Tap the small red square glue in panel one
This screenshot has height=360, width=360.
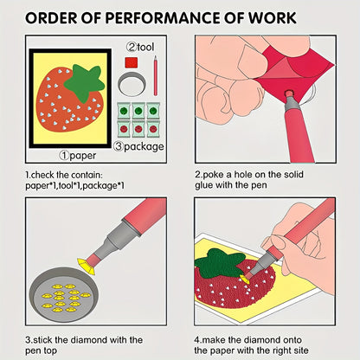(x=132, y=62)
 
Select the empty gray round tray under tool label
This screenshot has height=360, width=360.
(x=132, y=84)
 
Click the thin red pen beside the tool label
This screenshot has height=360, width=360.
(x=156, y=75)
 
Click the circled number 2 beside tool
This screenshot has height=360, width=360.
(x=132, y=47)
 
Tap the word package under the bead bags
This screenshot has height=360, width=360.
(x=144, y=147)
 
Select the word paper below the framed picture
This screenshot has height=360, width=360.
(x=83, y=156)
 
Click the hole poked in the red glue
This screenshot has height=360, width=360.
(x=288, y=93)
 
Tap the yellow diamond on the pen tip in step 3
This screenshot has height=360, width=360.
(x=87, y=267)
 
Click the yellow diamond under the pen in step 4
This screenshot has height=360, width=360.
(x=245, y=279)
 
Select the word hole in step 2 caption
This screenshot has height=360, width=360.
(x=243, y=175)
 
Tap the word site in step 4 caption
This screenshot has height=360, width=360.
(x=299, y=350)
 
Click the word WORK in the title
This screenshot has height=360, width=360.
(x=273, y=18)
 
